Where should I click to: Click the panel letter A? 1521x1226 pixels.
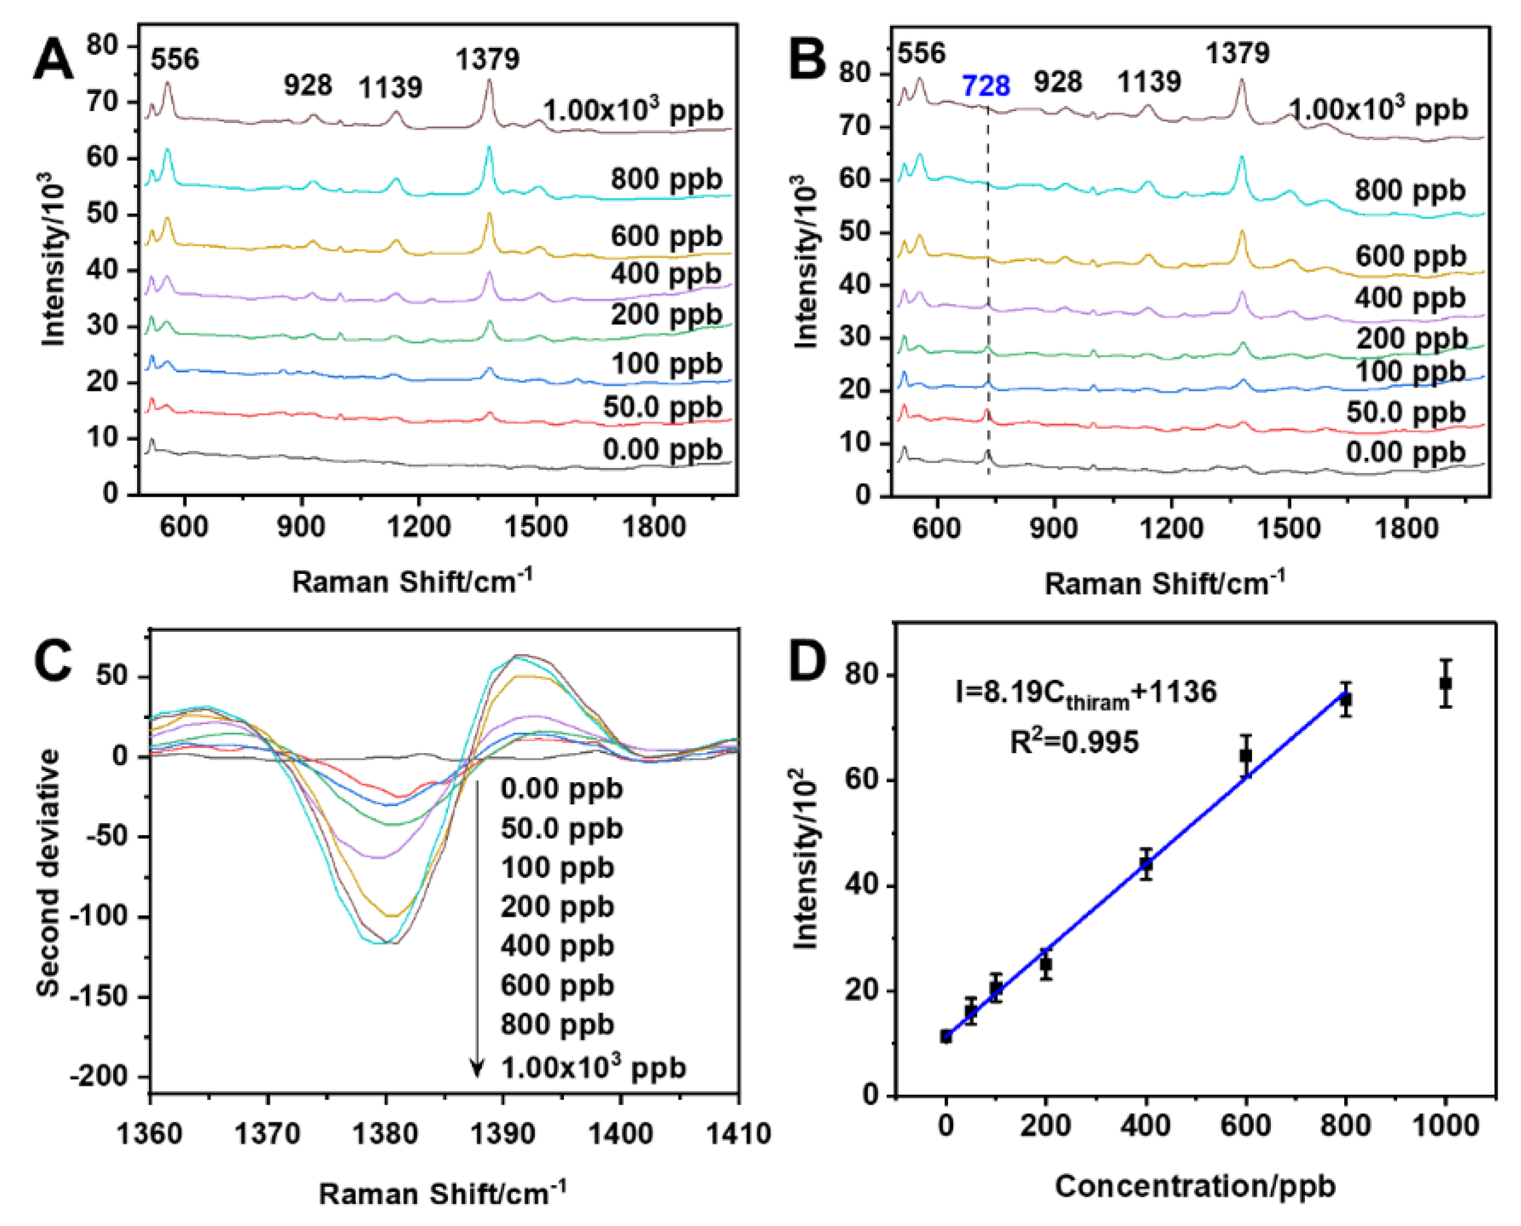[53, 60]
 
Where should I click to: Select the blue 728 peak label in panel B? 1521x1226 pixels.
[985, 86]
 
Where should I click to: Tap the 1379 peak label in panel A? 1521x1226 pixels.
[487, 59]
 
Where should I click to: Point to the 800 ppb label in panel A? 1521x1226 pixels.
[666, 180]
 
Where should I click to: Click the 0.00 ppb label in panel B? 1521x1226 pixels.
[1405, 453]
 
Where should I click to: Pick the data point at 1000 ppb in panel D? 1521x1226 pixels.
[1445, 683]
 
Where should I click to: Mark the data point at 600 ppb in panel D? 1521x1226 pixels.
[1246, 756]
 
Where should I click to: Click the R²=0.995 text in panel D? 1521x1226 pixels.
[1074, 742]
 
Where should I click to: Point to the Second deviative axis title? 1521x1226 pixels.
[48, 873]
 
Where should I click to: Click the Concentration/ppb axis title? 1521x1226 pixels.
[1195, 1186]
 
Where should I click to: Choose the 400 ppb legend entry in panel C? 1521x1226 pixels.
[557, 946]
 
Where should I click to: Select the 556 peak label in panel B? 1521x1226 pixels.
[921, 53]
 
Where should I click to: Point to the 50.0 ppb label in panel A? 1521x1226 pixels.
[662, 407]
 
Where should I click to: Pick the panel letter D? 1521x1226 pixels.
[806, 662]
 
